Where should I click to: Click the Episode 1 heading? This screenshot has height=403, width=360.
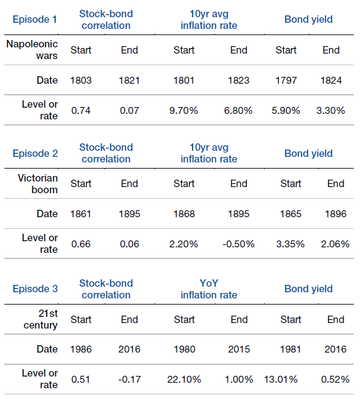coord(34,20)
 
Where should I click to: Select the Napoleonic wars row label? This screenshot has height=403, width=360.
coord(32,50)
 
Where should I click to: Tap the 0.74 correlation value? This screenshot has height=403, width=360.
coord(81,111)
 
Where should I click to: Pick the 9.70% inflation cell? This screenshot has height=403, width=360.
coord(183,111)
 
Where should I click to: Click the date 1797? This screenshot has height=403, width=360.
coord(286,81)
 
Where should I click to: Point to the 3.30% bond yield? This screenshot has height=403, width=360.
coord(330,111)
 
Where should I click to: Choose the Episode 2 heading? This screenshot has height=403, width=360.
coord(35,153)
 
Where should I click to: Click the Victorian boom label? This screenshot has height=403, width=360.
coord(38,184)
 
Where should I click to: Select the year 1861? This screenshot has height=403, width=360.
coord(81,214)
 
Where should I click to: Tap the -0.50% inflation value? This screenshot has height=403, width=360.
coord(239,244)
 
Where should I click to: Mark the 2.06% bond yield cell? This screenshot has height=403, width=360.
coord(335,244)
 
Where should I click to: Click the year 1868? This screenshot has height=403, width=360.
coord(184,214)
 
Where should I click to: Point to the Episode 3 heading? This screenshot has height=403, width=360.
coord(35,289)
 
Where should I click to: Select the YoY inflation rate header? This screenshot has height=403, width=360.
coord(209,289)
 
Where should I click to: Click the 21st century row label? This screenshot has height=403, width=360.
coord(41,319)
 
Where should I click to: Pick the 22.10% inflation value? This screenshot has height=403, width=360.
coord(184,380)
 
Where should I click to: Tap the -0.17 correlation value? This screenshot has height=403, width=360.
coord(129,380)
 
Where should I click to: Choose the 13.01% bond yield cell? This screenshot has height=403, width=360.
coord(281,380)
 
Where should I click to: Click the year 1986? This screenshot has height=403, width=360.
coord(81,349)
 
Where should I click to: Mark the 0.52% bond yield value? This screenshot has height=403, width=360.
coord(335,380)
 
